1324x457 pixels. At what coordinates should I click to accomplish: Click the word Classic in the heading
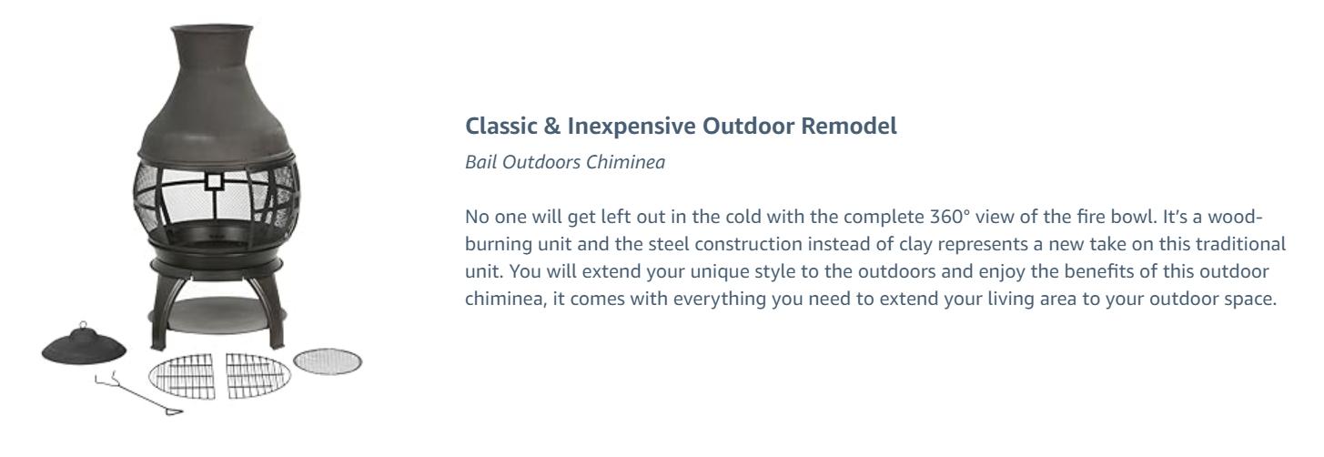pyautogui.click(x=496, y=127)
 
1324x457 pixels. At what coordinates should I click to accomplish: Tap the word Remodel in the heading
pyautogui.click(x=855, y=127)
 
